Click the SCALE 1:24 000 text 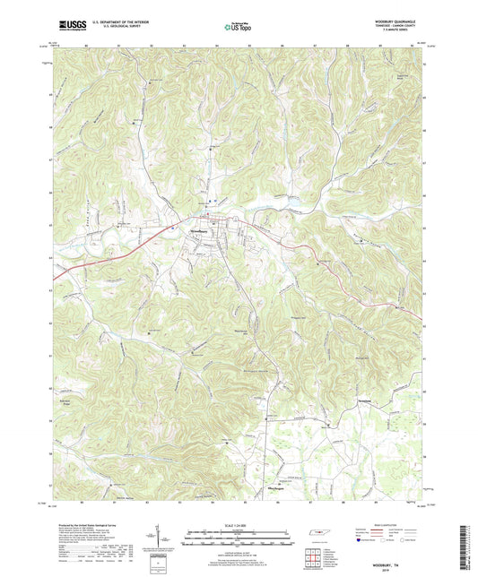click(239, 523)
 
